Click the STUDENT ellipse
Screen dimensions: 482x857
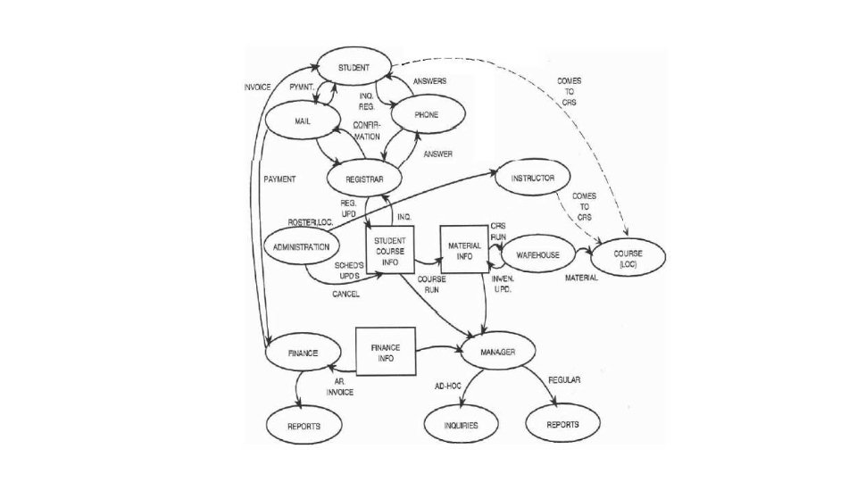[354, 69]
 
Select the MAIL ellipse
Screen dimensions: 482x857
[301, 120]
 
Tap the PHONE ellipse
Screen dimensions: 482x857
[427, 115]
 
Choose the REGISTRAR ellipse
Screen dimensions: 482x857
[365, 179]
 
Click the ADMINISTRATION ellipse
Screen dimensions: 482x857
[302, 247]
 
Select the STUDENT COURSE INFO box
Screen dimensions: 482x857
[389, 251]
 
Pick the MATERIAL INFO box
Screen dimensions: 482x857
[464, 252]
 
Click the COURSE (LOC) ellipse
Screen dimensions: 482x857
[628, 257]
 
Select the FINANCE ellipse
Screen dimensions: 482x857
[303, 353]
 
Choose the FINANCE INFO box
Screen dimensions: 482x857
[385, 350]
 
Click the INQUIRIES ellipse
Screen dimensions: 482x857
[461, 426]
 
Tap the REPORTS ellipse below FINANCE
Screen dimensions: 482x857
[304, 427]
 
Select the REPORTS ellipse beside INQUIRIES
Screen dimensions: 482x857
[562, 425]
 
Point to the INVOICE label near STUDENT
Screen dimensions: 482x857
[257, 87]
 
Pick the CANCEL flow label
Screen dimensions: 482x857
[345, 294]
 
